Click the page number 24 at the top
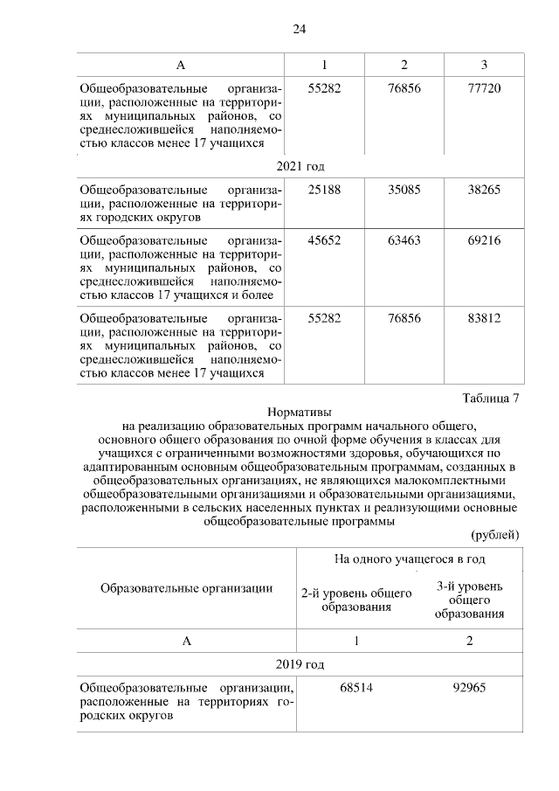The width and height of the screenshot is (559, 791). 299,29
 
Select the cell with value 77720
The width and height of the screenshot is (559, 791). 484,89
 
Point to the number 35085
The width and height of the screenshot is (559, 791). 404,189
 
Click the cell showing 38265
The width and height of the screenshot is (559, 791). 484,189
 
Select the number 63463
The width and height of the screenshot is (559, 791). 404,240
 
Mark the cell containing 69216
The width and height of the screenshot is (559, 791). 484,240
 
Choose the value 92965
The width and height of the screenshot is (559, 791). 469,688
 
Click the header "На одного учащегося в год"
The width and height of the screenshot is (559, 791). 410,559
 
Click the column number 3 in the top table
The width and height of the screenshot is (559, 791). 484,66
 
